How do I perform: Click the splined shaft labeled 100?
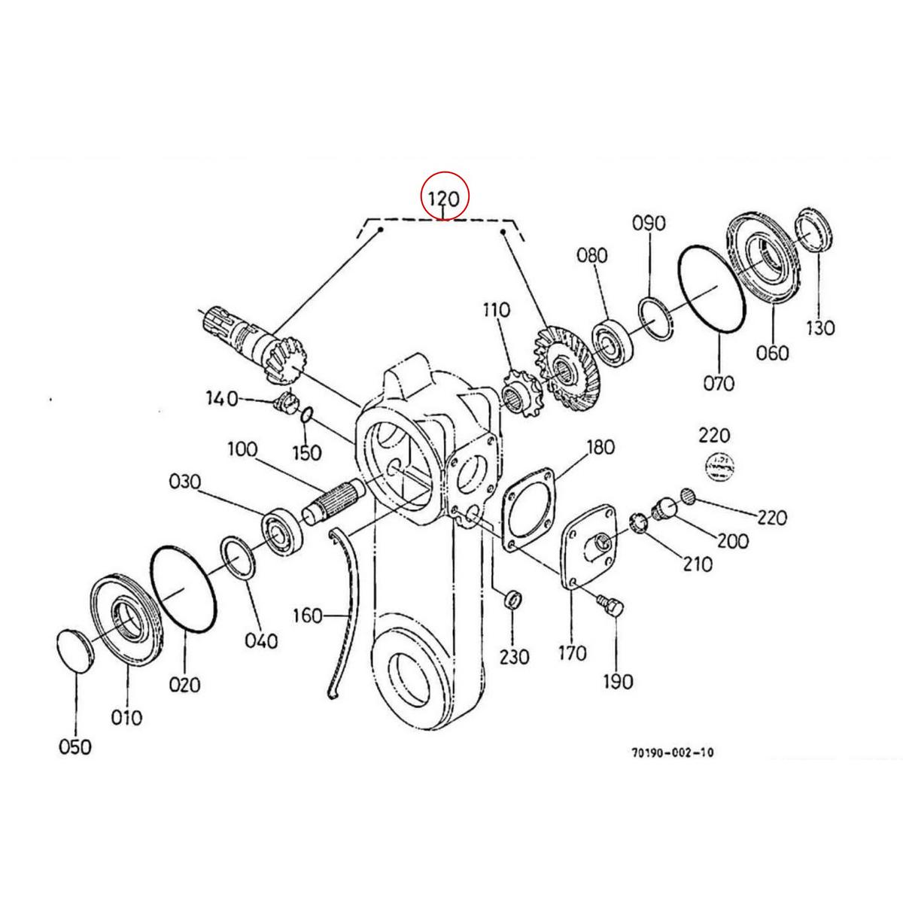335,500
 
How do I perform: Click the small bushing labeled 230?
511,600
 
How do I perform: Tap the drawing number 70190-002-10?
673,752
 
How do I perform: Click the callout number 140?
222,397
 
